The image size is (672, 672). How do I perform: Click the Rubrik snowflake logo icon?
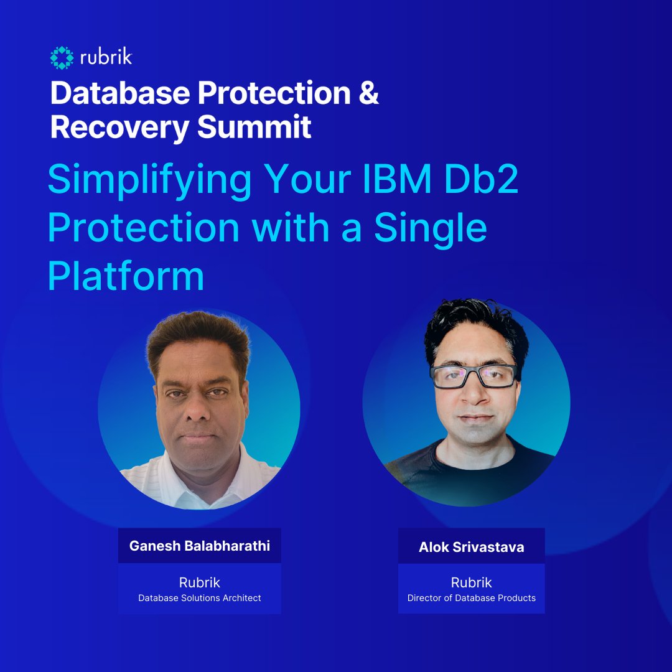pos(62,58)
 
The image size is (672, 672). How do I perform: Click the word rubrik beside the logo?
pos(105,58)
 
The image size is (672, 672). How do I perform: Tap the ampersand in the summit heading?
pos(369,93)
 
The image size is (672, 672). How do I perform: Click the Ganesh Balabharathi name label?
pos(200,546)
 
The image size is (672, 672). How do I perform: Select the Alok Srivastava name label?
pos(471,548)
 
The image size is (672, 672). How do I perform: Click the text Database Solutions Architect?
pos(200,598)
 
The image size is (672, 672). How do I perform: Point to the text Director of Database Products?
pos(471,598)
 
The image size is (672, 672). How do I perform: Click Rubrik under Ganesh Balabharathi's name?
pos(200,582)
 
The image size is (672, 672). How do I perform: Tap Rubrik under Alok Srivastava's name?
pos(471,582)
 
